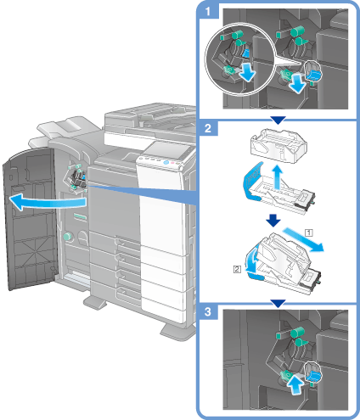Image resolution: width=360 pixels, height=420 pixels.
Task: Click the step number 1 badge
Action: point(208,12)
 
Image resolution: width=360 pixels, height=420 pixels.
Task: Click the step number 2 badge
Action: point(208,128)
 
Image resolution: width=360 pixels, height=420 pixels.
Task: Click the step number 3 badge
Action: point(208,311)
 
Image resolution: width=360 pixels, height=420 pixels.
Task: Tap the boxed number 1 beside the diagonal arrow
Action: point(309,232)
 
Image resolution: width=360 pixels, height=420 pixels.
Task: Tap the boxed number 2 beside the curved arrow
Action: point(237,269)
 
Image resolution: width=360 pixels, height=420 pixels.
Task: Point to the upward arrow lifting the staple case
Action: point(278,177)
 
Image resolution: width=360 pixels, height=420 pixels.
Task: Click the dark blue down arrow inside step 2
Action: point(273,221)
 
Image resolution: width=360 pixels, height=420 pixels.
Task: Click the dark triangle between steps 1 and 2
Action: point(278,120)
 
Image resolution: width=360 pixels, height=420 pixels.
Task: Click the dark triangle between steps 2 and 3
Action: point(278,304)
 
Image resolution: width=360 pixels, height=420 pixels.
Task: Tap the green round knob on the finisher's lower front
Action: point(68,237)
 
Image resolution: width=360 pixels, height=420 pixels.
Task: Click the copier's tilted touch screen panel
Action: point(166,150)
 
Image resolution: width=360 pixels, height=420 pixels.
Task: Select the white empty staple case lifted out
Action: point(278,145)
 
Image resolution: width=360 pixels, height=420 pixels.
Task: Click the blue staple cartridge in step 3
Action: point(314,375)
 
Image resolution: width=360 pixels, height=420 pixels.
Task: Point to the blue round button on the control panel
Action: point(166,163)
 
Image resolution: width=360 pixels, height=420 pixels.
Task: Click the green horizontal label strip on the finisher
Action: point(80,217)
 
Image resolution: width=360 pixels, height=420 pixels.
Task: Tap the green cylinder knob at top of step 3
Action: point(297,332)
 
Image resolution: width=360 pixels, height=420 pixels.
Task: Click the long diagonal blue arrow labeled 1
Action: point(303,239)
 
